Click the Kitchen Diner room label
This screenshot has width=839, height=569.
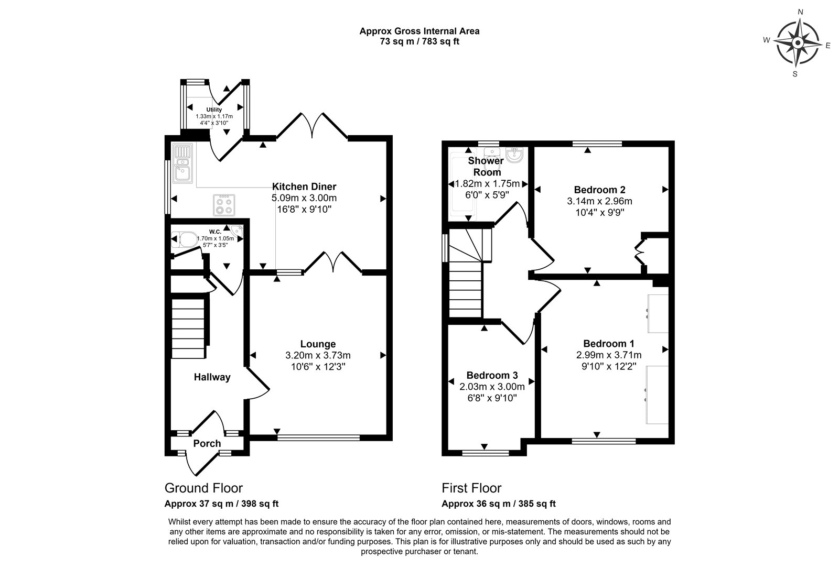coord(304,187)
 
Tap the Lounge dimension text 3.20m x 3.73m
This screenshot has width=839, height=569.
coord(318,355)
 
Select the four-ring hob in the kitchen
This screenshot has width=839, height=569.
coord(224,205)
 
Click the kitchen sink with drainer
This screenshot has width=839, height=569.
coord(183,163)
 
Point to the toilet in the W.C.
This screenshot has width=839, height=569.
coord(184,239)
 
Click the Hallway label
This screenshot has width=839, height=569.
coord(212,377)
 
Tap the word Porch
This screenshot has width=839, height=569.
coord(207,443)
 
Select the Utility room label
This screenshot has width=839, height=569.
coord(214,110)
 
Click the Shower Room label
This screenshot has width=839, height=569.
coord(486,166)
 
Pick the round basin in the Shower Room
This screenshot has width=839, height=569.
coord(514,155)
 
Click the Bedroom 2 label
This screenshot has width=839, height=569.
coord(600,190)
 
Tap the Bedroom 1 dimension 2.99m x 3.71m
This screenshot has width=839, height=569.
coord(609,355)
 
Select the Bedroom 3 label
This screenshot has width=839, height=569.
coord(492,375)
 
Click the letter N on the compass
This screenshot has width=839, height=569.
coord(800,12)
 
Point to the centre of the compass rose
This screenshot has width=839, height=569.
coord(798,42)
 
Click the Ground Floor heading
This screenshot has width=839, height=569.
coord(204,488)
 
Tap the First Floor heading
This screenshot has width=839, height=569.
coord(471,488)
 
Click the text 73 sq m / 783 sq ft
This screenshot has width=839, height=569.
coord(419,41)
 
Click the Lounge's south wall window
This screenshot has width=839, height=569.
coord(318,437)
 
